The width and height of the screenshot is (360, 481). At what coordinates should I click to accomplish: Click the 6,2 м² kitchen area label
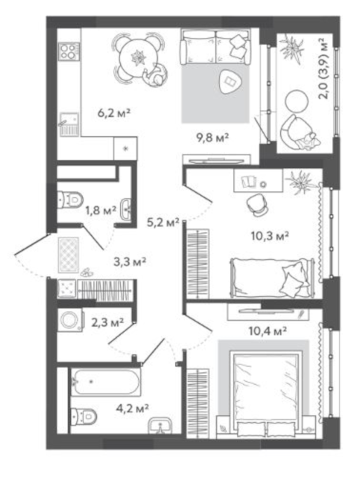(x=114, y=112)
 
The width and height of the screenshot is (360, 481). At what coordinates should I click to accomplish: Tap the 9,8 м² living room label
(x=213, y=137)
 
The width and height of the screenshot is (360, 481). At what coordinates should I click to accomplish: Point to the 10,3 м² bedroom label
(x=270, y=236)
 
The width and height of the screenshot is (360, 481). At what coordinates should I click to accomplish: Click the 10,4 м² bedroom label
(x=267, y=331)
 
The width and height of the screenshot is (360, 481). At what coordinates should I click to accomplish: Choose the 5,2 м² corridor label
(x=163, y=223)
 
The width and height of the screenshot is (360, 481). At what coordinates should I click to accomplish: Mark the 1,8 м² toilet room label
(x=100, y=211)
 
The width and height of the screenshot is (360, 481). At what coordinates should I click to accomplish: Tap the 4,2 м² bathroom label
(x=133, y=408)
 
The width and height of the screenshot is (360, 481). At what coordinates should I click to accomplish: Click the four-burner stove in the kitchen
(x=69, y=51)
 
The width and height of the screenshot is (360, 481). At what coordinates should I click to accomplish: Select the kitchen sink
(x=69, y=124)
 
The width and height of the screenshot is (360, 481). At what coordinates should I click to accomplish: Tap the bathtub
(x=106, y=381)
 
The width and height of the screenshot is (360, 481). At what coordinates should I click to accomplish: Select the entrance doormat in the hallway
(x=68, y=255)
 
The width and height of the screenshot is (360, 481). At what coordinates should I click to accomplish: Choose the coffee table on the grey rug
(x=229, y=81)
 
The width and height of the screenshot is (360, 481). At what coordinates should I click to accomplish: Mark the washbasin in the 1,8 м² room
(x=126, y=209)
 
